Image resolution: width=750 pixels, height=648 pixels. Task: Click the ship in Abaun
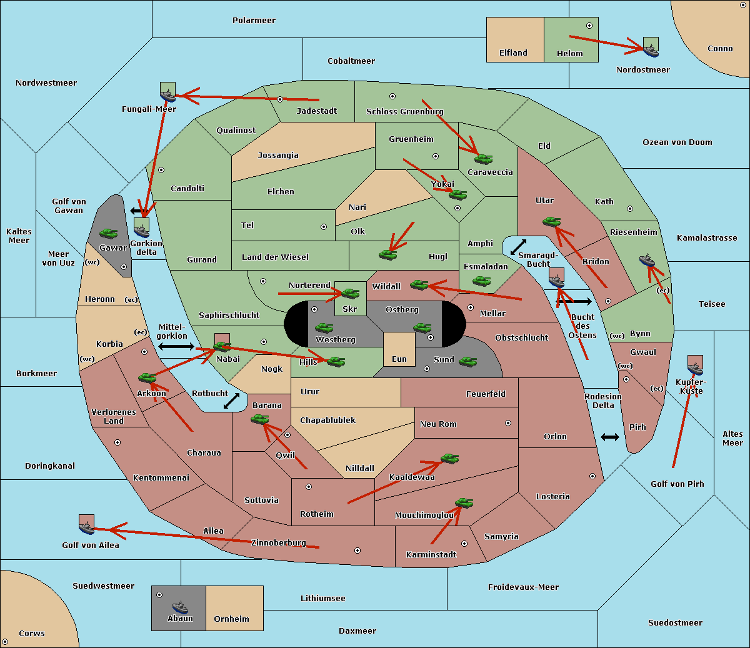[x=180, y=607]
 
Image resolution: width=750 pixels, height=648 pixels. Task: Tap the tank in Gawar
[x=109, y=233]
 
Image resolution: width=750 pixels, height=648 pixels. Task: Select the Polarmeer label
[x=254, y=21]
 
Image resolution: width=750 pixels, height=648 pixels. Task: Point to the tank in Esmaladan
[x=481, y=281]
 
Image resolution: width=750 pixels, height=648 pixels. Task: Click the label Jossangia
[x=278, y=156]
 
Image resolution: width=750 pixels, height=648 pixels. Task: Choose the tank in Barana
[x=260, y=419]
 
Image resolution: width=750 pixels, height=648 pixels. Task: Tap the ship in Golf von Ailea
[x=87, y=527]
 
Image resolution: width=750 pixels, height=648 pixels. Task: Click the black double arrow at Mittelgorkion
[x=176, y=346]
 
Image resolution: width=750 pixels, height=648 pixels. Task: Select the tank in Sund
[x=467, y=361]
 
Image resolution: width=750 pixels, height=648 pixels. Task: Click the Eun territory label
[x=399, y=359]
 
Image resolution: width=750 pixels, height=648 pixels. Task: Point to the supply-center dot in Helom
[x=589, y=26]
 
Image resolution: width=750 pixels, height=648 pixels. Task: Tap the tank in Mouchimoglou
[x=464, y=503]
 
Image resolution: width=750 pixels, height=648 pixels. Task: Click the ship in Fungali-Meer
[x=167, y=96]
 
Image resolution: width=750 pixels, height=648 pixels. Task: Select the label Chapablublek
[x=327, y=420]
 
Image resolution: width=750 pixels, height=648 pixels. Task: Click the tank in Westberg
[x=324, y=328]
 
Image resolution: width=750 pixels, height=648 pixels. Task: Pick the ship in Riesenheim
[x=647, y=260]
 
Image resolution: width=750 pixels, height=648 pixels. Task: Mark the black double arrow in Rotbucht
[x=231, y=401]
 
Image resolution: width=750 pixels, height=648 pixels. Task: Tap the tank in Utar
[x=551, y=221]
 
